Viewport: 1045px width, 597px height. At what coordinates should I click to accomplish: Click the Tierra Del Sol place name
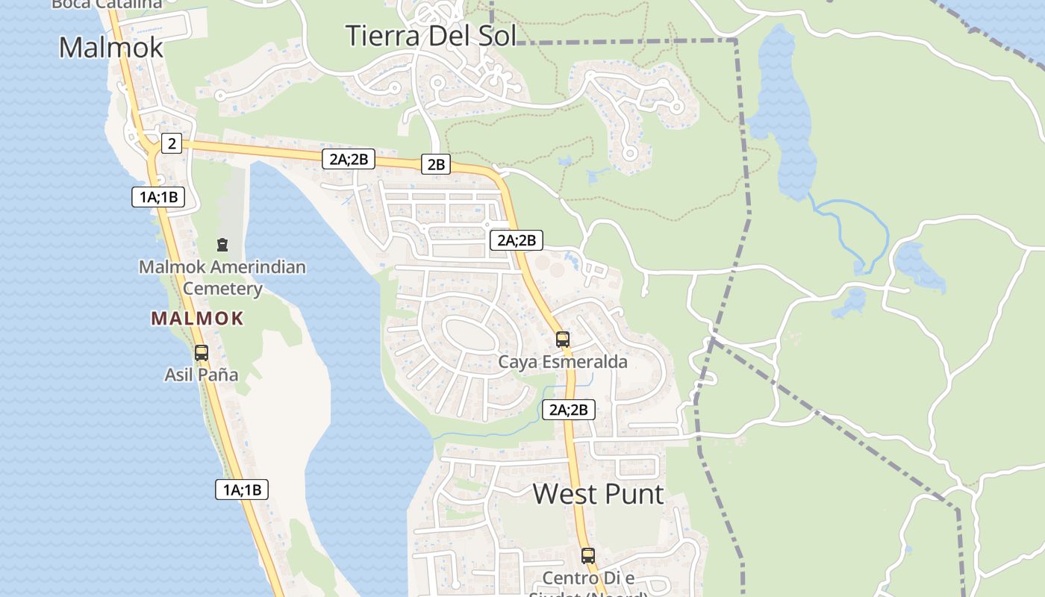pos(431,35)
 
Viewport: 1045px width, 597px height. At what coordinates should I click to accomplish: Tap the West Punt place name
pos(598,494)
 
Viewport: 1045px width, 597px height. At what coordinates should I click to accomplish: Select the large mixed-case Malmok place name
pos(110,47)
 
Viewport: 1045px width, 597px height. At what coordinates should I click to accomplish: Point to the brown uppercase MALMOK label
pos(197,319)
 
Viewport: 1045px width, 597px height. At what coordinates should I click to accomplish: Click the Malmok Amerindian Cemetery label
pos(222,277)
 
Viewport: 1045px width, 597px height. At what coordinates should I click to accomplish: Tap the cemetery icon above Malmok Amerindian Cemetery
pos(222,244)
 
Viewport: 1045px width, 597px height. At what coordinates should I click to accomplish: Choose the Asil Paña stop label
pos(202,375)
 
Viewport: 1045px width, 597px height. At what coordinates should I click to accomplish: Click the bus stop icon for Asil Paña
pos(202,352)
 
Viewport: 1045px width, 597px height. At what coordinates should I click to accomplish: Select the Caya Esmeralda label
pos(563,362)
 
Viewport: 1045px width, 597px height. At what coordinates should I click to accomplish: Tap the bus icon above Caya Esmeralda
pos(563,340)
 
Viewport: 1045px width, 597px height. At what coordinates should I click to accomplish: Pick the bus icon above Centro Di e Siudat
pos(588,555)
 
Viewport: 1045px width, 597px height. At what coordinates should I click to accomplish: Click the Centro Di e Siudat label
pos(588,578)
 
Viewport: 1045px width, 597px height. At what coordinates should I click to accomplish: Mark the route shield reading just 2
pos(172,143)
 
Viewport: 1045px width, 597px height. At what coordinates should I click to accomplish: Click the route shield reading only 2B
pos(436,164)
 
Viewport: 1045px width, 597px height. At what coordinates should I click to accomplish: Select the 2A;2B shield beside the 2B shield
pos(349,158)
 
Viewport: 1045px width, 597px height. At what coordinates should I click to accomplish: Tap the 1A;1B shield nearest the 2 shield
pos(157,197)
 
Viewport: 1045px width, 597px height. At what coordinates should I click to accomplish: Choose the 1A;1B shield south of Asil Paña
pos(242,490)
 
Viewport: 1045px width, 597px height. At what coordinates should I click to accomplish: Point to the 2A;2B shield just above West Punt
pos(569,409)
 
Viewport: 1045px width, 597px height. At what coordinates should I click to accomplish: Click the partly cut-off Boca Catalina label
pos(107,4)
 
